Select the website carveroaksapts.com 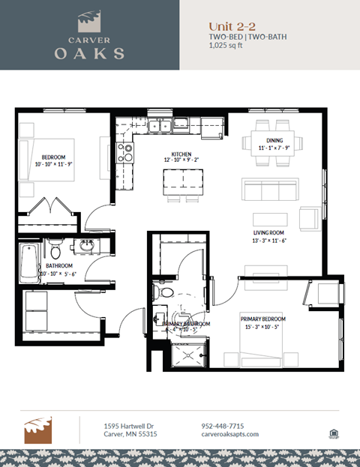point(230,434)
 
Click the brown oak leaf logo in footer point(37,430)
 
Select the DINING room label point(274,141)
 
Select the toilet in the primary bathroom point(164,292)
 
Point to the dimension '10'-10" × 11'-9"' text point(53,165)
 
